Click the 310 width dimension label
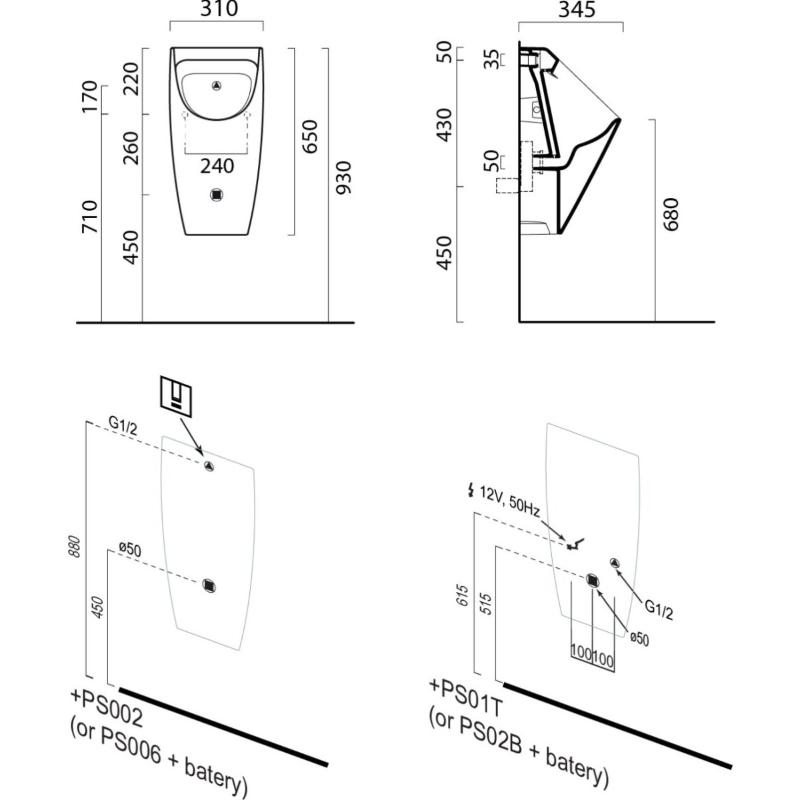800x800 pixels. (x=217, y=9)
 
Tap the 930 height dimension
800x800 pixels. (x=343, y=177)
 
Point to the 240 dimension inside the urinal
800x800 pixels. (x=217, y=165)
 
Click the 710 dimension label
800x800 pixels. (x=90, y=217)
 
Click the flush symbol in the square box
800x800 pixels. (x=177, y=395)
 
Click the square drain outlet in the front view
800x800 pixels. (x=217, y=195)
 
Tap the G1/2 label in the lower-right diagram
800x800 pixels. (x=658, y=609)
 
